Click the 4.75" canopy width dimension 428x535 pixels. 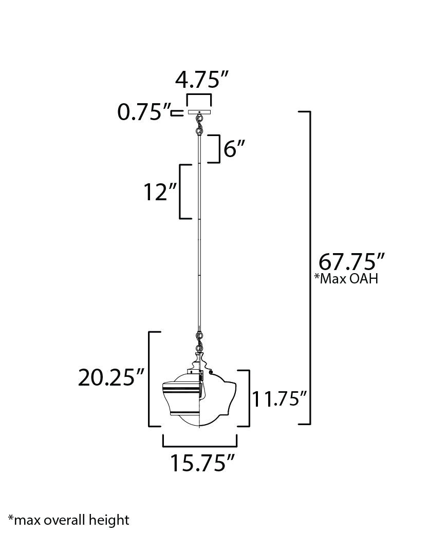(x=201, y=80)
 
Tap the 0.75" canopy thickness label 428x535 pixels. (x=144, y=112)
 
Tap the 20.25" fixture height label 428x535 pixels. (x=111, y=378)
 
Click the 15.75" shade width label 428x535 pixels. (x=202, y=463)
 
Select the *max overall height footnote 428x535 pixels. (x=69, y=520)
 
